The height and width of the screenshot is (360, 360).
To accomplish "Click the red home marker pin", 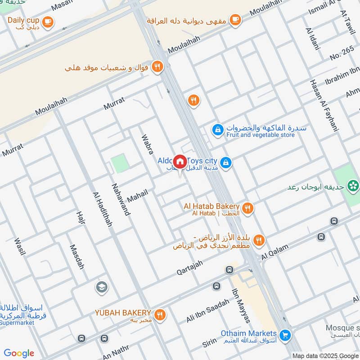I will pyautogui.click(x=180, y=161).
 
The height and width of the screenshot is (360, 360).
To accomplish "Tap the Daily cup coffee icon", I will pyautogui.click(x=47, y=21).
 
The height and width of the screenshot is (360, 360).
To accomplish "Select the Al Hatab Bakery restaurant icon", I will pyautogui.click(x=247, y=208).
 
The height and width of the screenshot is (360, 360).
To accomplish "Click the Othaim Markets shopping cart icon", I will pyautogui.click(x=284, y=335).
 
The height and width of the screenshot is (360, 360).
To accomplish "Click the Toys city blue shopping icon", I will pyautogui.click(x=226, y=163).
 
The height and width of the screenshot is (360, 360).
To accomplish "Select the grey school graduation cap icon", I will pyautogui.click(x=102, y=287).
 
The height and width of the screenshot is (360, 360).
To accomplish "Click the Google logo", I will pyautogui.click(x=19, y=353).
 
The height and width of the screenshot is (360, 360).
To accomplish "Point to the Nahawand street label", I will pyautogui.click(x=121, y=199).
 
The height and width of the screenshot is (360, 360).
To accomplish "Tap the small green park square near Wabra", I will pyautogui.click(x=119, y=163).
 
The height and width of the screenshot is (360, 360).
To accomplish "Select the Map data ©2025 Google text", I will pyautogui.click(x=325, y=355).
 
